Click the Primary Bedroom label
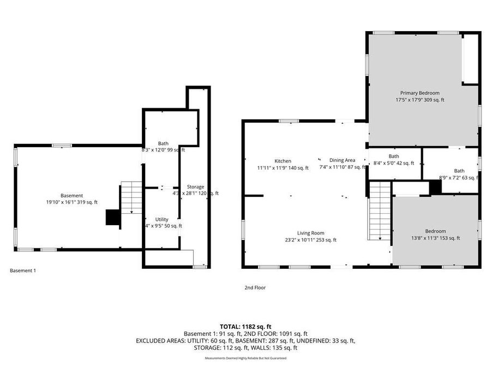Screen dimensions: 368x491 (x=420, y=93)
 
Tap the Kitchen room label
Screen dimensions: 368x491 (x=283, y=161)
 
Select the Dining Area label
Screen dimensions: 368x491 (x=342, y=160)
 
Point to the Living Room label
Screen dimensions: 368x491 (x=310, y=233)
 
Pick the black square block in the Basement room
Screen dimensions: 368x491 (x=113, y=218)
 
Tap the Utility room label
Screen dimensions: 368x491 (x=161, y=219)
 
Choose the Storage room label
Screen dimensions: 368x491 (x=195, y=187)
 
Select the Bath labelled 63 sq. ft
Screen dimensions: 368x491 (x=459, y=171)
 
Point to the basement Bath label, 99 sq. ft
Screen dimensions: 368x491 (x=163, y=143)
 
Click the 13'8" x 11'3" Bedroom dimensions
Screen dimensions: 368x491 (x=435, y=238)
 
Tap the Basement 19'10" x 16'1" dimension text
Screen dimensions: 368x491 (x=72, y=202)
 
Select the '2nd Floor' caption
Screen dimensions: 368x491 (x=255, y=287)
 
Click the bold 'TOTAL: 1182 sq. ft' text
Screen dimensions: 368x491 (x=245, y=326)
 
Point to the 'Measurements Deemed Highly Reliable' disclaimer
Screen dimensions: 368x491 (x=245, y=358)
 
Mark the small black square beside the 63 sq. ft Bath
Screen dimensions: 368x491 (x=435, y=187)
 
